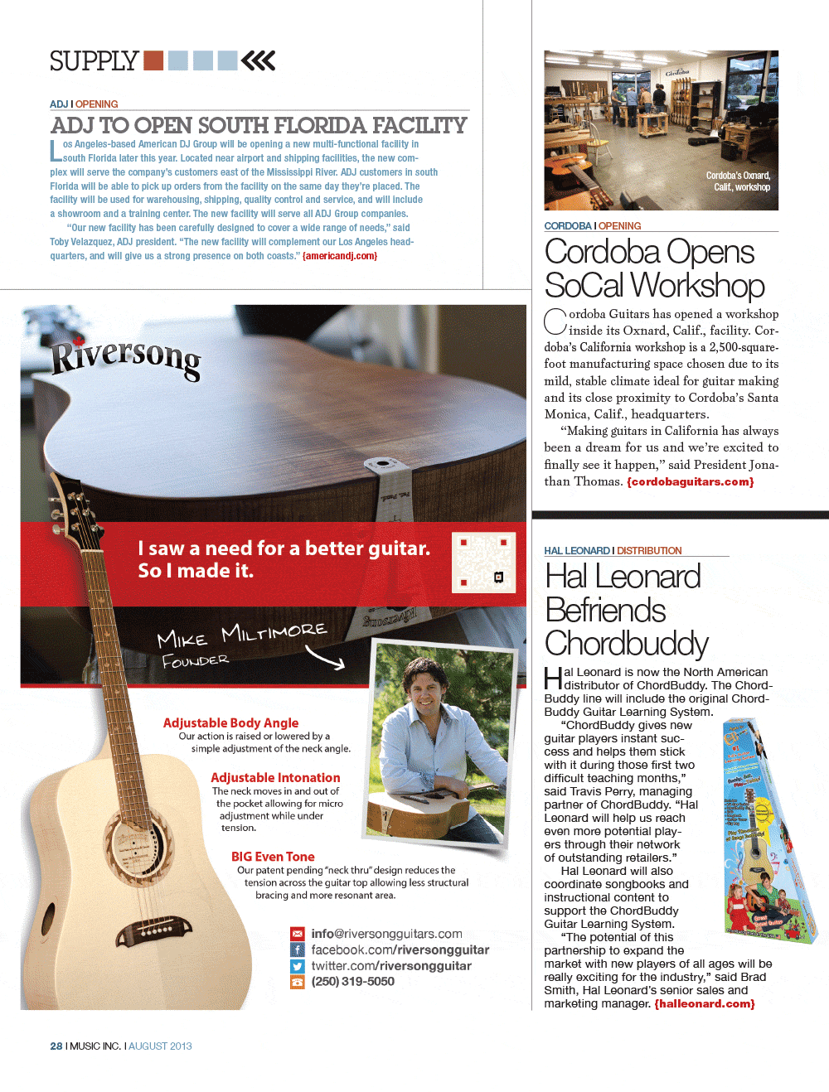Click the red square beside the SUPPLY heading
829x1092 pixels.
[x=153, y=60]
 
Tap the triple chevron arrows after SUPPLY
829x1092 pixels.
[x=258, y=60]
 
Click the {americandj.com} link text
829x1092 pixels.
[x=340, y=256]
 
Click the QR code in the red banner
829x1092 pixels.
[x=483, y=563]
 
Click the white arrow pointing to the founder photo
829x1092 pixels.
[x=325, y=658]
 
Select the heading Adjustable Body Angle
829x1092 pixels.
[x=230, y=722]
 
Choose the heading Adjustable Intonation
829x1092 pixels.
[x=275, y=777]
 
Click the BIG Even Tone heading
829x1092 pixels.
[x=273, y=857]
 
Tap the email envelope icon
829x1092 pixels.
[x=298, y=934]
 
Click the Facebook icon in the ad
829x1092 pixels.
[x=298, y=950]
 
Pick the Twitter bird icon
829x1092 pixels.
[x=298, y=966]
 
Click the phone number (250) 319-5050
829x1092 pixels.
[x=353, y=982]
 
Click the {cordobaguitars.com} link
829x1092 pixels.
[x=691, y=481]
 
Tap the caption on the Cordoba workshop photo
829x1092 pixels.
[x=738, y=181]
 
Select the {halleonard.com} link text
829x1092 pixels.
[x=705, y=1004]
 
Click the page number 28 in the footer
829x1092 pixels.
[x=56, y=1046]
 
